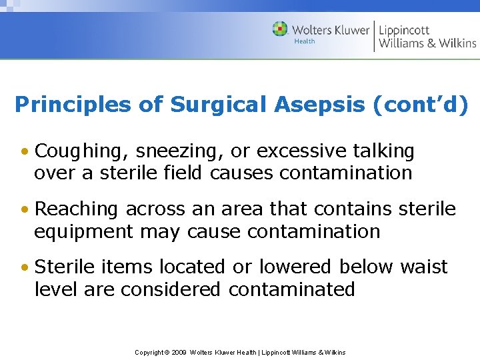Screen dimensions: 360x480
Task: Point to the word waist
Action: click(x=424, y=267)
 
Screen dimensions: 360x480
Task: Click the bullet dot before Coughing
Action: click(x=24, y=152)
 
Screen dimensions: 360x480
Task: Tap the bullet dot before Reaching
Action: click(x=24, y=209)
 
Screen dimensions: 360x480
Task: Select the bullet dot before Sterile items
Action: click(x=24, y=267)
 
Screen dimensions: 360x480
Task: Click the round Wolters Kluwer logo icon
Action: click(x=280, y=29)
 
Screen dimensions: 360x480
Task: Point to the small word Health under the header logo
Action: click(x=305, y=41)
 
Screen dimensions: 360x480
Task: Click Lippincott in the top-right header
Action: click(x=404, y=30)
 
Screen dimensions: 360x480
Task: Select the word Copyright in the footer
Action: click(x=149, y=352)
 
